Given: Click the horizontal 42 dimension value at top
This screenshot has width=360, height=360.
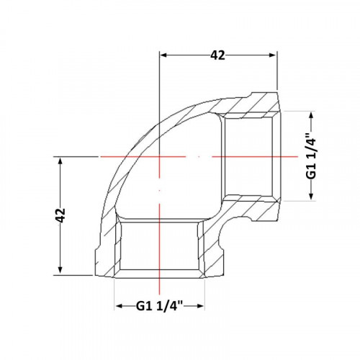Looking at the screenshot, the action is [217, 55].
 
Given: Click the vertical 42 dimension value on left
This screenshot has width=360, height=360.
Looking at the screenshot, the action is [60, 215].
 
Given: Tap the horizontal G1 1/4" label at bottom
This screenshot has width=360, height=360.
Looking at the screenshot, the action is [159, 306].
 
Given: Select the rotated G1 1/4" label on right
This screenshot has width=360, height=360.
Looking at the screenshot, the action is [311, 156].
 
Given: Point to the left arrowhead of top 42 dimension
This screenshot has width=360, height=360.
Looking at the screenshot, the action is [163, 55].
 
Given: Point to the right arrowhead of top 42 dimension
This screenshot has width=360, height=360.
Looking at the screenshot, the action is [273, 55].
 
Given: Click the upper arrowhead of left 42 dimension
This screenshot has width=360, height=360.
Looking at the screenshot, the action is [60, 161].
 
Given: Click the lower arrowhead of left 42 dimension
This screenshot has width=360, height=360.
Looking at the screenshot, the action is [60, 271].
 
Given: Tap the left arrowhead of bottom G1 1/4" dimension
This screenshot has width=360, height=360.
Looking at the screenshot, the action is [120, 306].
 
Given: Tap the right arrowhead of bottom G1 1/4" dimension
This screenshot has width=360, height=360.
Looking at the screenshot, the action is [200, 306].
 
